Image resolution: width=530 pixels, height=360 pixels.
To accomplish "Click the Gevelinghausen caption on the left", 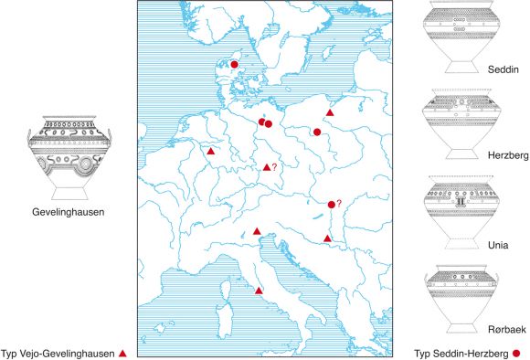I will (x=64, y=213).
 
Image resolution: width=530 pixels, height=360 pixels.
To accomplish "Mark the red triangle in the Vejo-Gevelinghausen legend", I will (x=122, y=353).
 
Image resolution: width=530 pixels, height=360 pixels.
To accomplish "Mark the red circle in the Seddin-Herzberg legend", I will (x=517, y=353).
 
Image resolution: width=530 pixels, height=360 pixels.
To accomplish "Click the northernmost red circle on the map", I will (x=234, y=65).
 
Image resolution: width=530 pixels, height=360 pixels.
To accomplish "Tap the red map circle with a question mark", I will (x=331, y=205).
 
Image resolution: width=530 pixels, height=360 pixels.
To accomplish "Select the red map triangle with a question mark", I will (x=267, y=167).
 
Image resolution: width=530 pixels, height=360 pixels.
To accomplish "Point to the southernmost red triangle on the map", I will (x=259, y=291).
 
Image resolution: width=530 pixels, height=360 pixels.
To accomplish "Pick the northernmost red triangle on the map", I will (x=330, y=111).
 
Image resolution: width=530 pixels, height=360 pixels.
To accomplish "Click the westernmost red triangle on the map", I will (x=211, y=152).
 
